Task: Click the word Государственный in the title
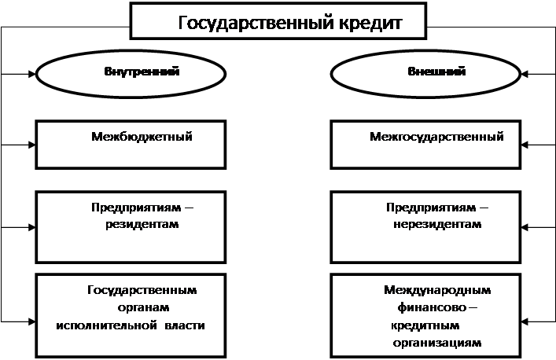pos(256,24)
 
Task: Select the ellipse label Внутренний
pos(142,72)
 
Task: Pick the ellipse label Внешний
pos(436,72)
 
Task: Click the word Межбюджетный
pos(142,137)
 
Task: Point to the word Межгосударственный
pos(436,137)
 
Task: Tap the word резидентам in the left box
pos(142,225)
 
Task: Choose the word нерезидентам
pos(437,225)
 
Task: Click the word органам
pos(143,307)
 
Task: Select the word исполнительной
pos(106,325)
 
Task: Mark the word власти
pos(185,325)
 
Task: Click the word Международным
pos(437,290)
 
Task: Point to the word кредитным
pos(425,325)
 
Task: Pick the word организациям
pos(437,343)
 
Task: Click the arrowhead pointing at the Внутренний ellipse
pos(32,74)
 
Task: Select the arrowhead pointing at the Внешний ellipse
pos(525,74)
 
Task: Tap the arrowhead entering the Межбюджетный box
pos(32,145)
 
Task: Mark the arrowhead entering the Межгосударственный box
pos(525,145)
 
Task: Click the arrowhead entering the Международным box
pos(525,321)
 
